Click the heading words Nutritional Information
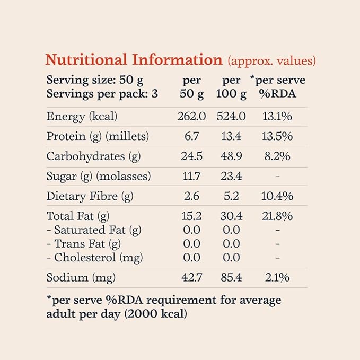[x=134, y=59]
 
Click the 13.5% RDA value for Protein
[x=278, y=137]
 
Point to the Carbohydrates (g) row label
[x=93, y=156]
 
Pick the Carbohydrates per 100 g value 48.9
[x=231, y=156]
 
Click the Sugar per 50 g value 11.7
[x=191, y=176]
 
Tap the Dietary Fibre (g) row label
[x=90, y=196]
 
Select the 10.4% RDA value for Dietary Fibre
[x=278, y=196]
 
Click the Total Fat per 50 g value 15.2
[x=191, y=216]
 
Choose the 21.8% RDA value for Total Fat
[x=278, y=216]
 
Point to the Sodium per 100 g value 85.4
[x=231, y=277]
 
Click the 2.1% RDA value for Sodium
[x=278, y=277]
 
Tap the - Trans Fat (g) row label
[x=84, y=244]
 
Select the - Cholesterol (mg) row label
[x=95, y=258]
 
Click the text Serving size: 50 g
[x=95, y=81]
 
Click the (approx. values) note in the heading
[x=271, y=60]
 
